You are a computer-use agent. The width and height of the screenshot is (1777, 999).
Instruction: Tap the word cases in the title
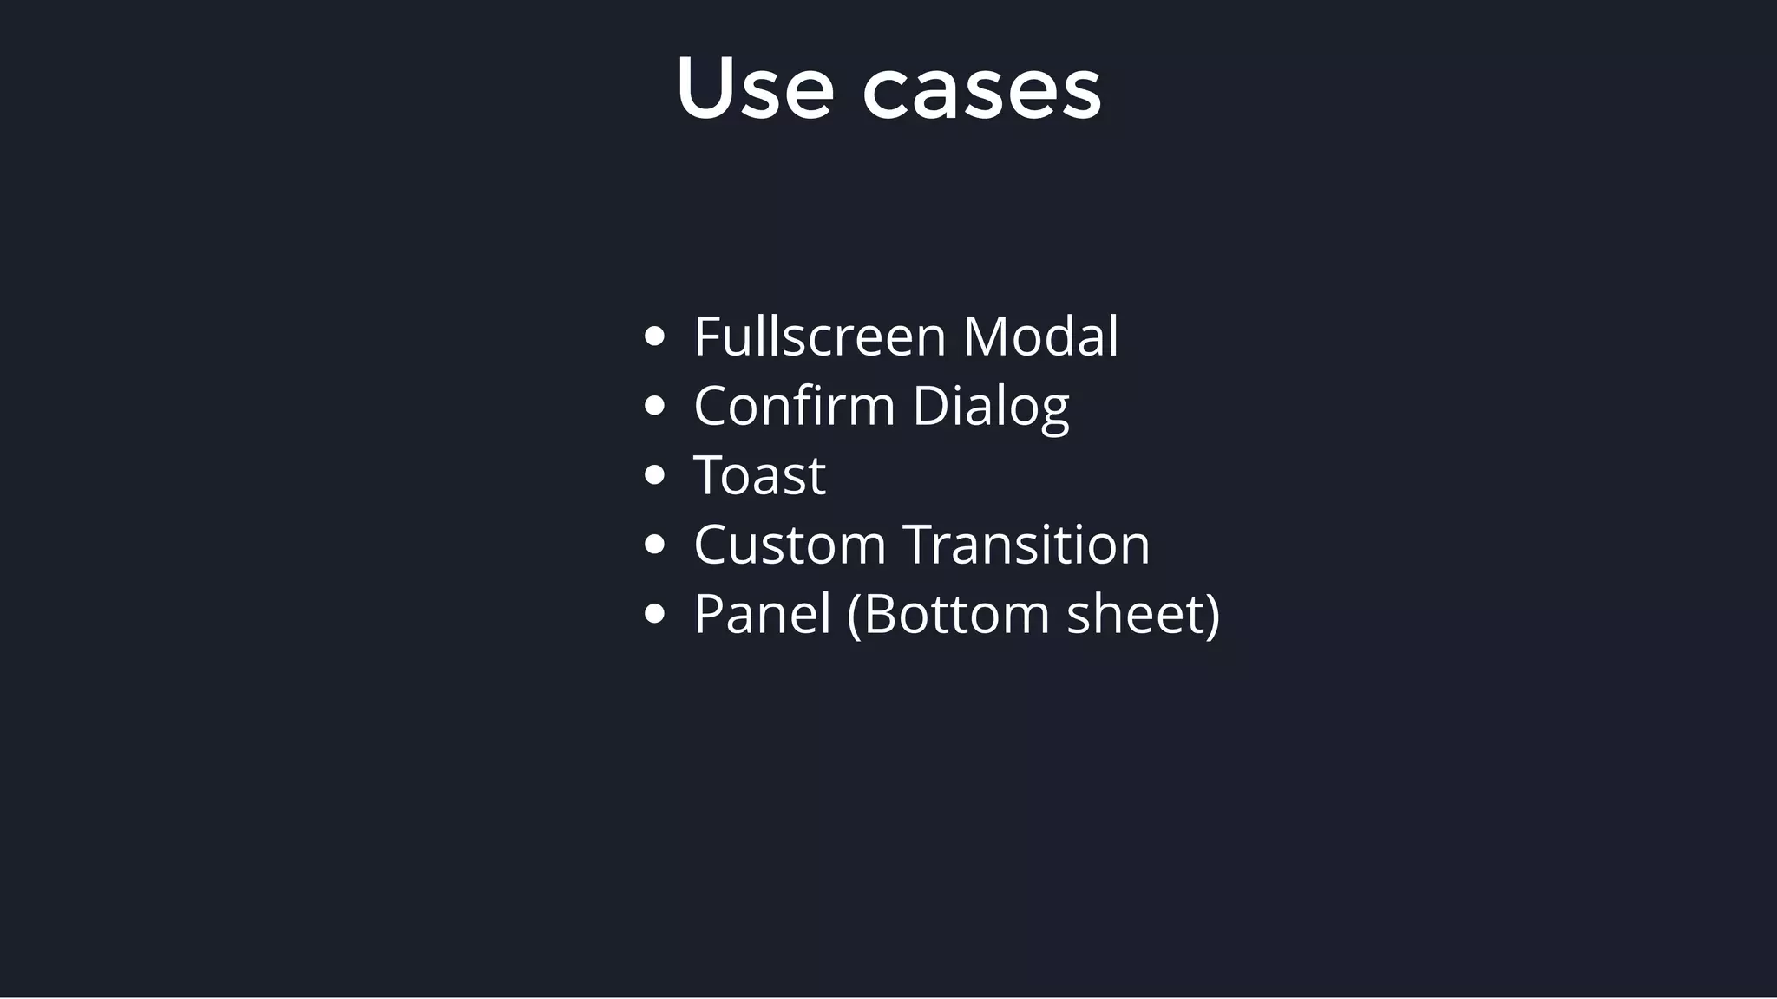pyautogui.click(x=981, y=93)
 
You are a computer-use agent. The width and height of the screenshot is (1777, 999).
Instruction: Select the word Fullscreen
pyautogui.click(x=819, y=336)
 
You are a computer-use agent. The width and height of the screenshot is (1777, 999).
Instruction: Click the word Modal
pyautogui.click(x=1040, y=336)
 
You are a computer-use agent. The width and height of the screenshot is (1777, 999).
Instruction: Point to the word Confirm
pyautogui.click(x=794, y=406)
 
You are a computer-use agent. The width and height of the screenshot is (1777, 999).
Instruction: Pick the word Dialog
pyautogui.click(x=990, y=408)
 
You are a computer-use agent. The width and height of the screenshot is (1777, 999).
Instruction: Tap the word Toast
pyautogui.click(x=759, y=475)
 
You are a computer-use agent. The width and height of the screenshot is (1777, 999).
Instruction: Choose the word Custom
pyautogui.click(x=790, y=545)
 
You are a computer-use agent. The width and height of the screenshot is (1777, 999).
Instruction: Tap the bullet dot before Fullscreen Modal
pyautogui.click(x=655, y=336)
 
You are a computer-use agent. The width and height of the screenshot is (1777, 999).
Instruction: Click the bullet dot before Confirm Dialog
pyautogui.click(x=655, y=406)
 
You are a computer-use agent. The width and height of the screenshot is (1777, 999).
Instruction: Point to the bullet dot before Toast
pyautogui.click(x=655, y=475)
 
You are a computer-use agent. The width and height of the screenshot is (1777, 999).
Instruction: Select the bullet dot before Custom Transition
pyautogui.click(x=655, y=545)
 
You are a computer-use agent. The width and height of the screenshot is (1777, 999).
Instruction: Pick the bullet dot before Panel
pyautogui.click(x=655, y=614)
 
